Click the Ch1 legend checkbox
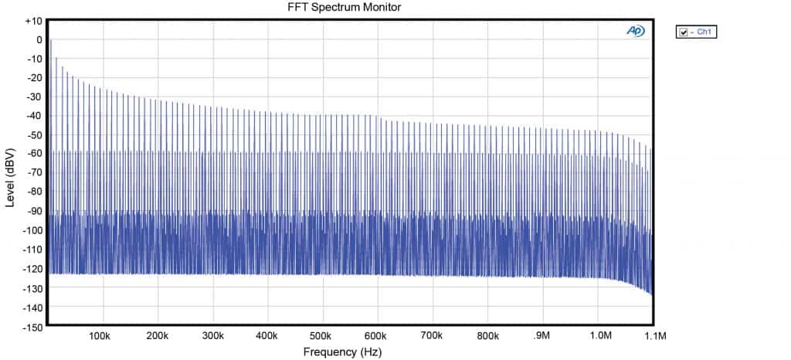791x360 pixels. pos(683,32)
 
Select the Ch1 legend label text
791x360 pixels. pos(704,32)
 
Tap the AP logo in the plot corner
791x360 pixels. pos(636,31)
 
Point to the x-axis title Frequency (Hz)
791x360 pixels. pos(341,352)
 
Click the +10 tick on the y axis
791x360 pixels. pos(33,20)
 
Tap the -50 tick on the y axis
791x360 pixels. pos(34,135)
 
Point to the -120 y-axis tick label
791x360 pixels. pos(32,269)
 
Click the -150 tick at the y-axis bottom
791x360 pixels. pos(32,327)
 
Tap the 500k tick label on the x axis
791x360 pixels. pos(321,336)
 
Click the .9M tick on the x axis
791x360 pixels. pos(541,336)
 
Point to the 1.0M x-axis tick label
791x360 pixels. pos(599,336)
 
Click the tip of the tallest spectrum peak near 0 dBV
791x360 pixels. pos(51,40)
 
